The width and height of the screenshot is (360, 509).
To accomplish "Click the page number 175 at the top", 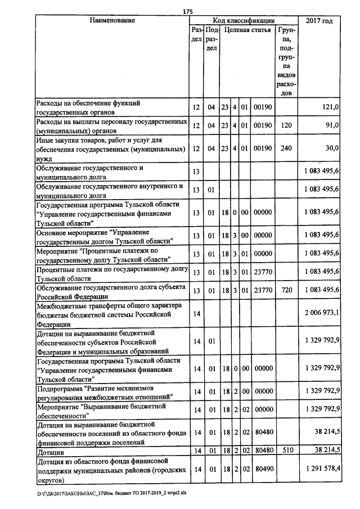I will click(x=188, y=12).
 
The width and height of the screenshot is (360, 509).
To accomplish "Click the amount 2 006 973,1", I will click(x=321, y=313).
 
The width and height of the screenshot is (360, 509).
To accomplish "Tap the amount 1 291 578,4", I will click(x=321, y=469).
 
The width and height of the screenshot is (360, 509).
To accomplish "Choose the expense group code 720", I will click(x=285, y=290).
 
